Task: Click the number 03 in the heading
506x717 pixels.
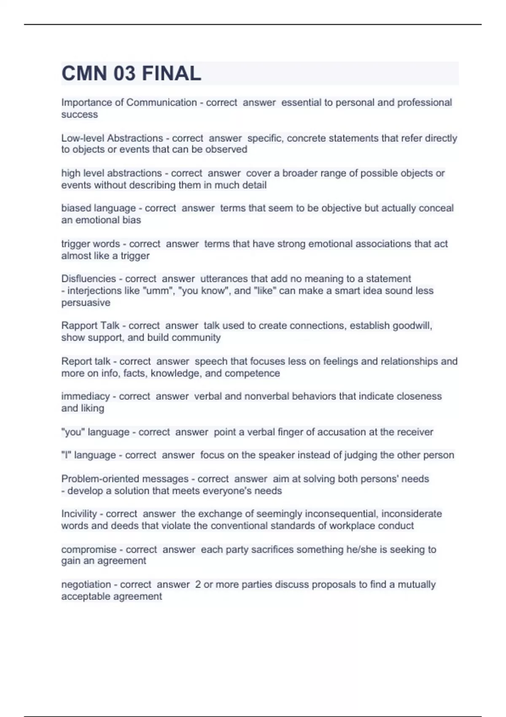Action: pos(124,74)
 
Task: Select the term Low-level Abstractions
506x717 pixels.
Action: pos(112,138)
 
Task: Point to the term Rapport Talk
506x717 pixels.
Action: pos(90,326)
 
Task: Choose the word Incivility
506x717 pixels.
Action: pos(79,514)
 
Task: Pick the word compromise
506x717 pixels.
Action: pos(89,550)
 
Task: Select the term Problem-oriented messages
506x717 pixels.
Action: pos(125,479)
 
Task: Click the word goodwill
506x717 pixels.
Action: pos(412,326)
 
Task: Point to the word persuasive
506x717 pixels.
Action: pos(86,303)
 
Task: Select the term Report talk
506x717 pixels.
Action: pos(86,361)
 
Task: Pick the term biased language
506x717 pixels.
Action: pos(98,208)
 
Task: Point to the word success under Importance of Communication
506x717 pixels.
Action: pos(79,115)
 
